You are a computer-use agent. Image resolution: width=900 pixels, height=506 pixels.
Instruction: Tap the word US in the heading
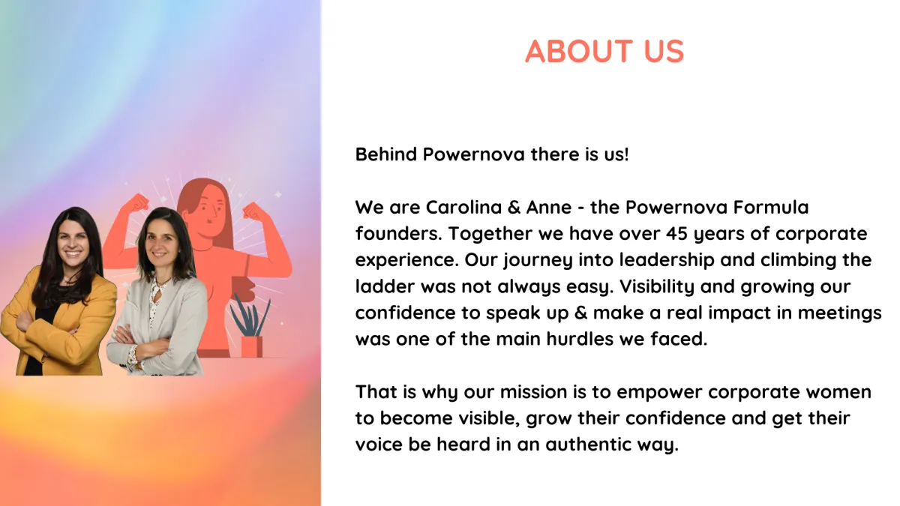click(x=664, y=51)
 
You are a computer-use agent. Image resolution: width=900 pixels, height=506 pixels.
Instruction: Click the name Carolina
click(x=463, y=207)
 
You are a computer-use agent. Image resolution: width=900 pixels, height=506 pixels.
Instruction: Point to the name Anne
click(x=549, y=207)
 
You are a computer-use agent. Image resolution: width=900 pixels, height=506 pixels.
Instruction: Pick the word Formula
click(x=771, y=207)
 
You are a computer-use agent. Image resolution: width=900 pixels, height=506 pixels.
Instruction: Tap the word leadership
click(x=667, y=261)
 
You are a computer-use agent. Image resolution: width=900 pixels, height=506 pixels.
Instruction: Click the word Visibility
click(x=657, y=286)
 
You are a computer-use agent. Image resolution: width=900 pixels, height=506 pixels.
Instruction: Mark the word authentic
click(x=588, y=445)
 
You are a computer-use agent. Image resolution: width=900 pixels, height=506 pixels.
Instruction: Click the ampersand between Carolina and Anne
click(x=514, y=207)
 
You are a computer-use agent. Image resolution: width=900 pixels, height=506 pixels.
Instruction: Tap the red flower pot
click(x=251, y=346)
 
